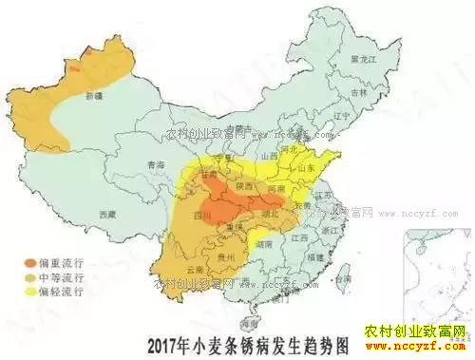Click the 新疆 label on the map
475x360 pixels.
coord(93,96)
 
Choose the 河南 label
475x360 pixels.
coord(276,190)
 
